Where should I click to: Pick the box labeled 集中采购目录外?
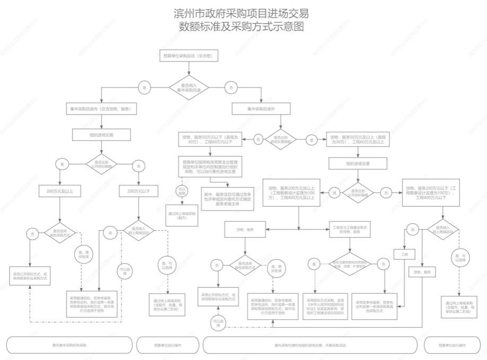(x=261, y=109)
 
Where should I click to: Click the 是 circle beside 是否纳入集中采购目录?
(x=143, y=87)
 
